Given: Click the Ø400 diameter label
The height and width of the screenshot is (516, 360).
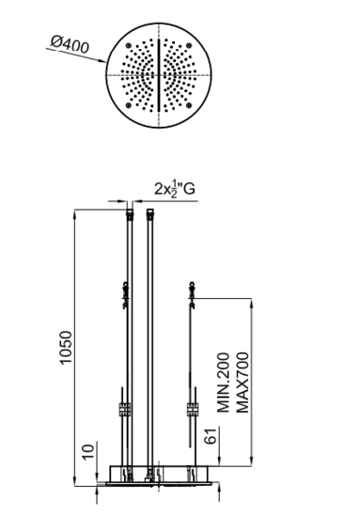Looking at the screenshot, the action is [70, 44].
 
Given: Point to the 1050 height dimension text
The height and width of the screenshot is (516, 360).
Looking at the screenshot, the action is [66, 347].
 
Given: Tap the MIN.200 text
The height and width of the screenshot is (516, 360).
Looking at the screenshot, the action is [223, 382].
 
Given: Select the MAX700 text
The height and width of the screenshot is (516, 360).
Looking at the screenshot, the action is [242, 382].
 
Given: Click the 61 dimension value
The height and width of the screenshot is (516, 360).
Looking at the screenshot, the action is [211, 437].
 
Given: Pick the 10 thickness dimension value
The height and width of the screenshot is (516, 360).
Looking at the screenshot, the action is [87, 451].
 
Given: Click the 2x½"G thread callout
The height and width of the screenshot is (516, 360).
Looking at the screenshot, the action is [175, 189].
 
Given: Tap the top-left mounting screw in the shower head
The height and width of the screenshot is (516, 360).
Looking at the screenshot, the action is [129, 46].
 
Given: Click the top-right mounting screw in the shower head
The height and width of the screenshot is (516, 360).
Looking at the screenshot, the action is [189, 46].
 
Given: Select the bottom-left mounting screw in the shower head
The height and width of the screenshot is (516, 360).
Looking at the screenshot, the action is [129, 105].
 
